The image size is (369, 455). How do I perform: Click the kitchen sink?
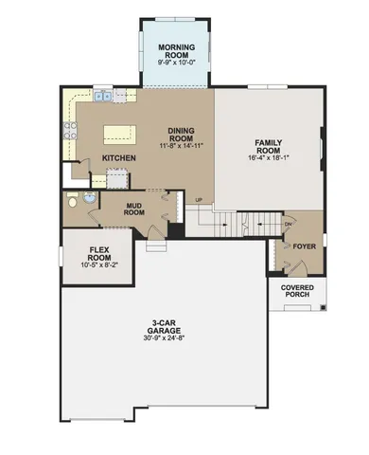[x=68, y=111]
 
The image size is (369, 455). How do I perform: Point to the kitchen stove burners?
[x=68, y=133]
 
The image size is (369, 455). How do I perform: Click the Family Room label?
[x=269, y=146]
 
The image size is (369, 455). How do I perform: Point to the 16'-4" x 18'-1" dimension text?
[x=269, y=158]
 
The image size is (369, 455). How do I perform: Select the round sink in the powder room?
[x=87, y=199]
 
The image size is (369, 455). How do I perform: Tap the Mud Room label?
[x=134, y=209]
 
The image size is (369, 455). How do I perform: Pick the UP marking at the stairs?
[x=199, y=200]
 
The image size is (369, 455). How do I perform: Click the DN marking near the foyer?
[x=290, y=224]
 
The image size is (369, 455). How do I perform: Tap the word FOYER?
[x=304, y=246]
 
